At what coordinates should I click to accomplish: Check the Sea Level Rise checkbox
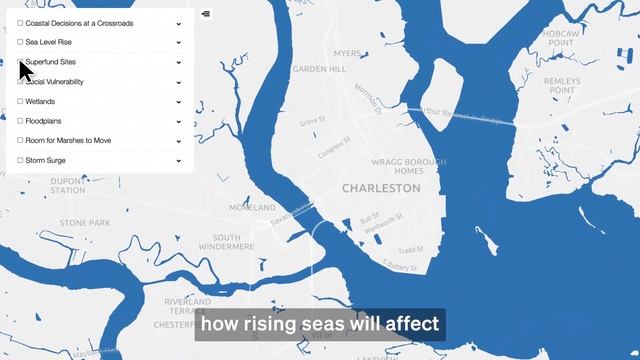point(20,43)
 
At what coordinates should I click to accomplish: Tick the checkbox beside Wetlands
point(20,102)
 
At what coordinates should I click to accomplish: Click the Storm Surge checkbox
point(20,160)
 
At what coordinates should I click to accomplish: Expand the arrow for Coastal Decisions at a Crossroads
point(179,23)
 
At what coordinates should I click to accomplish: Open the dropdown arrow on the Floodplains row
point(179,121)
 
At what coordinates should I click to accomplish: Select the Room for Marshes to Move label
point(68,141)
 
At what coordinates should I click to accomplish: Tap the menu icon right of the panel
point(206,14)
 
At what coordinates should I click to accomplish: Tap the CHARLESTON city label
point(381,188)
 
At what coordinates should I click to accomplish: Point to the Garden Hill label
point(319,70)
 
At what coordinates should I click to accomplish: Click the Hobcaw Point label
point(560,39)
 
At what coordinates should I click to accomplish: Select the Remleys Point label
point(561,84)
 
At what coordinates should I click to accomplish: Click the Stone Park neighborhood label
point(85,222)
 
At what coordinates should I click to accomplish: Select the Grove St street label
point(313,122)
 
